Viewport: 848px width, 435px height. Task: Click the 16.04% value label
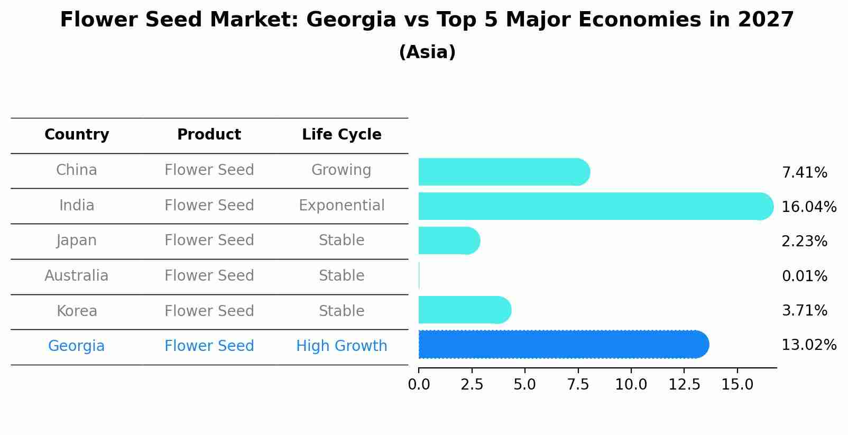tap(808, 207)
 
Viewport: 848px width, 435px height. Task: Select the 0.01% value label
tap(804, 276)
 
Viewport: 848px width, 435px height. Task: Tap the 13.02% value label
tap(808, 345)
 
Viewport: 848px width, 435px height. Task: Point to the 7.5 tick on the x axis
tap(578, 384)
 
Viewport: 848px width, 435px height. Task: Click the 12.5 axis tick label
tap(684, 384)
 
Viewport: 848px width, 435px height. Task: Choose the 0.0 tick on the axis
tap(419, 384)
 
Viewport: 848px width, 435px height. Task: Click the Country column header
tap(77, 135)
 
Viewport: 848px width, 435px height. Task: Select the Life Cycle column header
tap(342, 135)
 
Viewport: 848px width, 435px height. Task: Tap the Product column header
tap(209, 135)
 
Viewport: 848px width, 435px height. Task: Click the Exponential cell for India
tap(342, 205)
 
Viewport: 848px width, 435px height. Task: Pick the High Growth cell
tap(342, 346)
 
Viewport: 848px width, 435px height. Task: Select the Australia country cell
tap(77, 275)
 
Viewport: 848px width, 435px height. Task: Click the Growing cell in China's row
tap(342, 170)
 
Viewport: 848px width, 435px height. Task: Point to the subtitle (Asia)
tap(427, 52)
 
